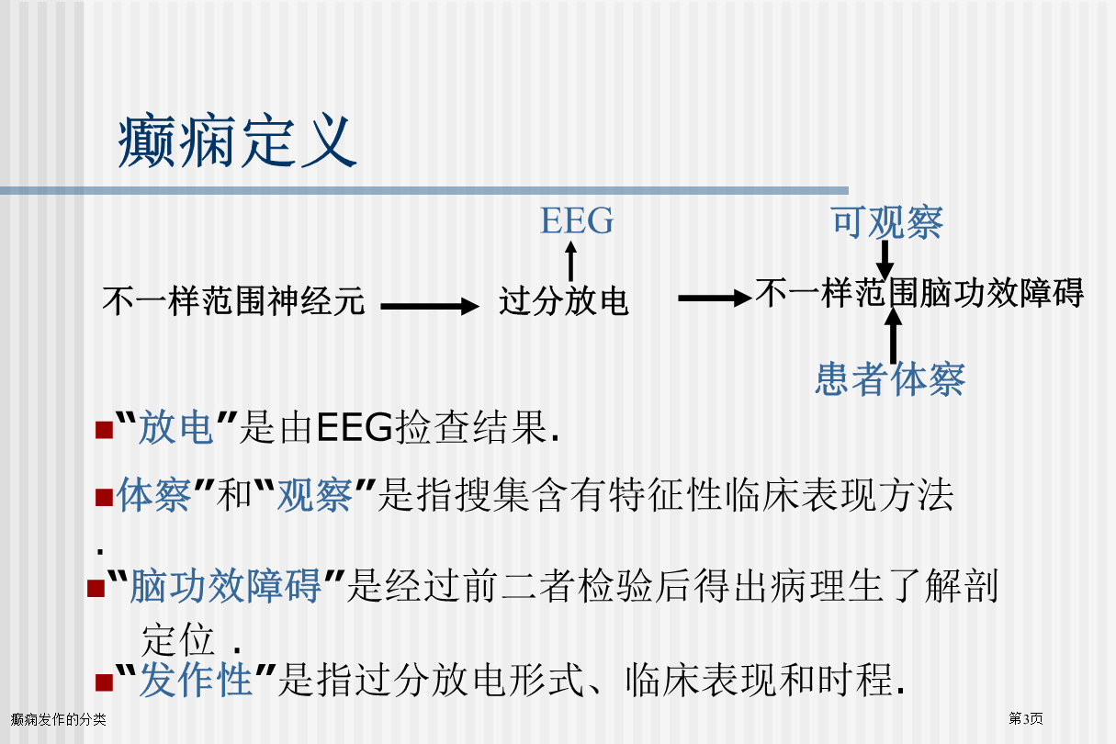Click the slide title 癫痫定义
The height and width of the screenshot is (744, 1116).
(237, 141)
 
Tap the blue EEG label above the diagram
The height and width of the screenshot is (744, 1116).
(577, 220)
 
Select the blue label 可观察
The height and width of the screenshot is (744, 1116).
(887, 222)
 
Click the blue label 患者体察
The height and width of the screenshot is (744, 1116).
(890, 379)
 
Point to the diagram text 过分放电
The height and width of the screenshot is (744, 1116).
(564, 301)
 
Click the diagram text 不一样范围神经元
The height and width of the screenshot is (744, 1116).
(233, 301)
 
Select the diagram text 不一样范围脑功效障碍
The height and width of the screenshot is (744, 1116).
(919, 293)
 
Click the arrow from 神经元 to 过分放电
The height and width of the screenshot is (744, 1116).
(430, 307)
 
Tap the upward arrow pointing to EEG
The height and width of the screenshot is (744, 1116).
(571, 262)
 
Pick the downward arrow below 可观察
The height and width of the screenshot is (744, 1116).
(885, 260)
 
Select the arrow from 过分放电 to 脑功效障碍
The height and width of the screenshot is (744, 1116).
(715, 298)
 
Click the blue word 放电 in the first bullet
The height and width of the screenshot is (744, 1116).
(175, 427)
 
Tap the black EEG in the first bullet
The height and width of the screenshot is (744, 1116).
(355, 427)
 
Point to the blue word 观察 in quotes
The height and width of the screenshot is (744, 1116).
(315, 495)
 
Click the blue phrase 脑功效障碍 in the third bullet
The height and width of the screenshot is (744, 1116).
(226, 586)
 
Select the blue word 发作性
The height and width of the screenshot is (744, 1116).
(196, 680)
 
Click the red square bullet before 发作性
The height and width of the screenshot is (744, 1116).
(104, 682)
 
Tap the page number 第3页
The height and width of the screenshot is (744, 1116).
(1026, 718)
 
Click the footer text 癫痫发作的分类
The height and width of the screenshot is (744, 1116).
(58, 719)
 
